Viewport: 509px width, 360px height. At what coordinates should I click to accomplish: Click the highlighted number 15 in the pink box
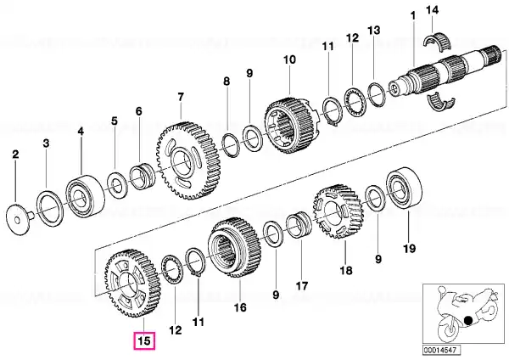(144, 341)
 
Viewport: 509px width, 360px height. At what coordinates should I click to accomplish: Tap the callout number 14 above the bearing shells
(432, 10)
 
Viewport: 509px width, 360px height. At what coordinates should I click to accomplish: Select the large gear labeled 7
(188, 160)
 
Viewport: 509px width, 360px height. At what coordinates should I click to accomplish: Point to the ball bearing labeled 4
(86, 195)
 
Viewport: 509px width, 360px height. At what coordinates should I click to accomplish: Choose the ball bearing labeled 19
(404, 188)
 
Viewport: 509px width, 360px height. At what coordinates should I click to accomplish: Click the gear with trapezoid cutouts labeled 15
(132, 284)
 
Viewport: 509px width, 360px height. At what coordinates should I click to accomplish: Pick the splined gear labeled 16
(234, 248)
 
